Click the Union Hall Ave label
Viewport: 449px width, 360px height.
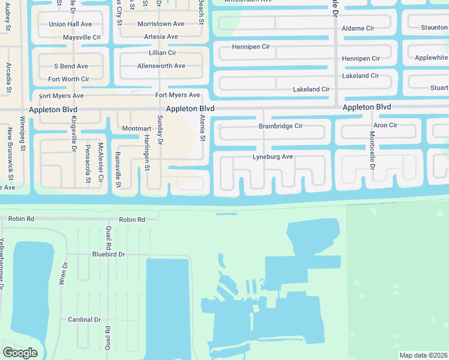point(70,24)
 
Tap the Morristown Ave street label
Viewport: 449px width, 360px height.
point(160,24)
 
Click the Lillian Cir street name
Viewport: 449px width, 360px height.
point(154,53)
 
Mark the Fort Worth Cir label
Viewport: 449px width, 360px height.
point(69,79)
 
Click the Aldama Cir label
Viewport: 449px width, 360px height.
point(357,28)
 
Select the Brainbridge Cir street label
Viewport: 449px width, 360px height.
point(280,127)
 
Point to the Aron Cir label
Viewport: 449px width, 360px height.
point(385,125)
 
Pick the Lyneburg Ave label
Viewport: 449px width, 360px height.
point(273,157)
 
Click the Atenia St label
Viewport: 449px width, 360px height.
point(202,128)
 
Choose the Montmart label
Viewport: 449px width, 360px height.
point(136,129)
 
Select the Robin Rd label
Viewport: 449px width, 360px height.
point(132,220)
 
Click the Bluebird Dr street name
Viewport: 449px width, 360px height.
point(109,254)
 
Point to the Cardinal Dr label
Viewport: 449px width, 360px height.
point(84,320)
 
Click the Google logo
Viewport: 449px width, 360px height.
point(20,353)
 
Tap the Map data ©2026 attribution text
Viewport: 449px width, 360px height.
point(423,355)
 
